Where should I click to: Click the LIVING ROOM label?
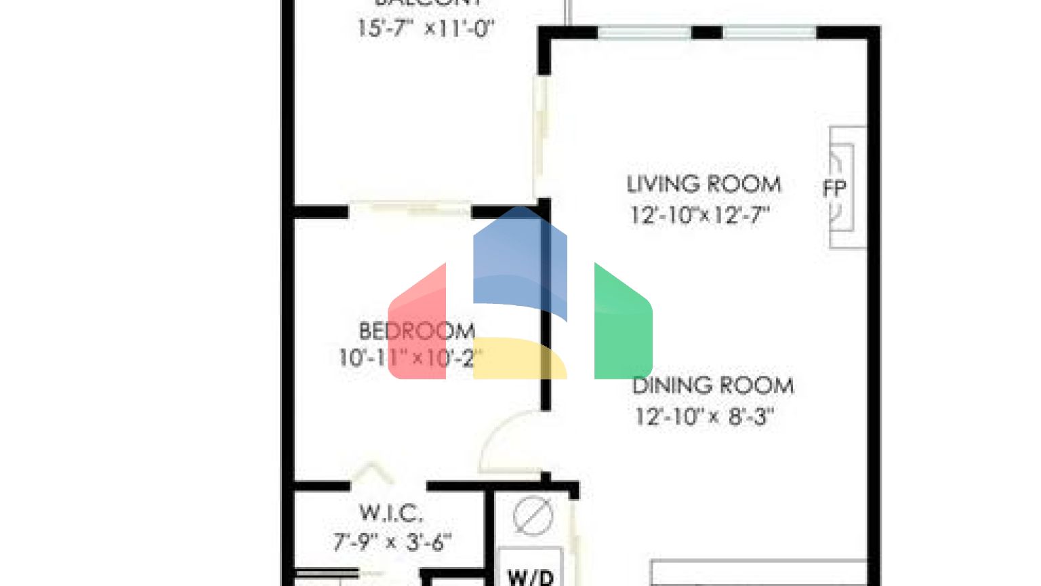coord(703,184)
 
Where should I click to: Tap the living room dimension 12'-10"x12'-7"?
coord(699,215)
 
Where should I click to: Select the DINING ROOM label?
coord(712,385)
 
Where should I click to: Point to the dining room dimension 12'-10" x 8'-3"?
coord(703,416)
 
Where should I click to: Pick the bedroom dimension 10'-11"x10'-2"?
coord(409,357)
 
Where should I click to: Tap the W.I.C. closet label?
coord(391,513)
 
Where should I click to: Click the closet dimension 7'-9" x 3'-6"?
coord(392,542)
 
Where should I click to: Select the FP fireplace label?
coord(834,188)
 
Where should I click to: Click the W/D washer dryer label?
coord(531,577)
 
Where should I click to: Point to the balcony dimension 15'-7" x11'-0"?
coord(426,28)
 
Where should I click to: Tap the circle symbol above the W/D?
coord(533,515)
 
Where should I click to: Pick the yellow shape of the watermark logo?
coord(520,357)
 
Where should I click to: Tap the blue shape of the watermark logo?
coord(520,261)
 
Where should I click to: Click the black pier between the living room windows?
coord(707,32)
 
